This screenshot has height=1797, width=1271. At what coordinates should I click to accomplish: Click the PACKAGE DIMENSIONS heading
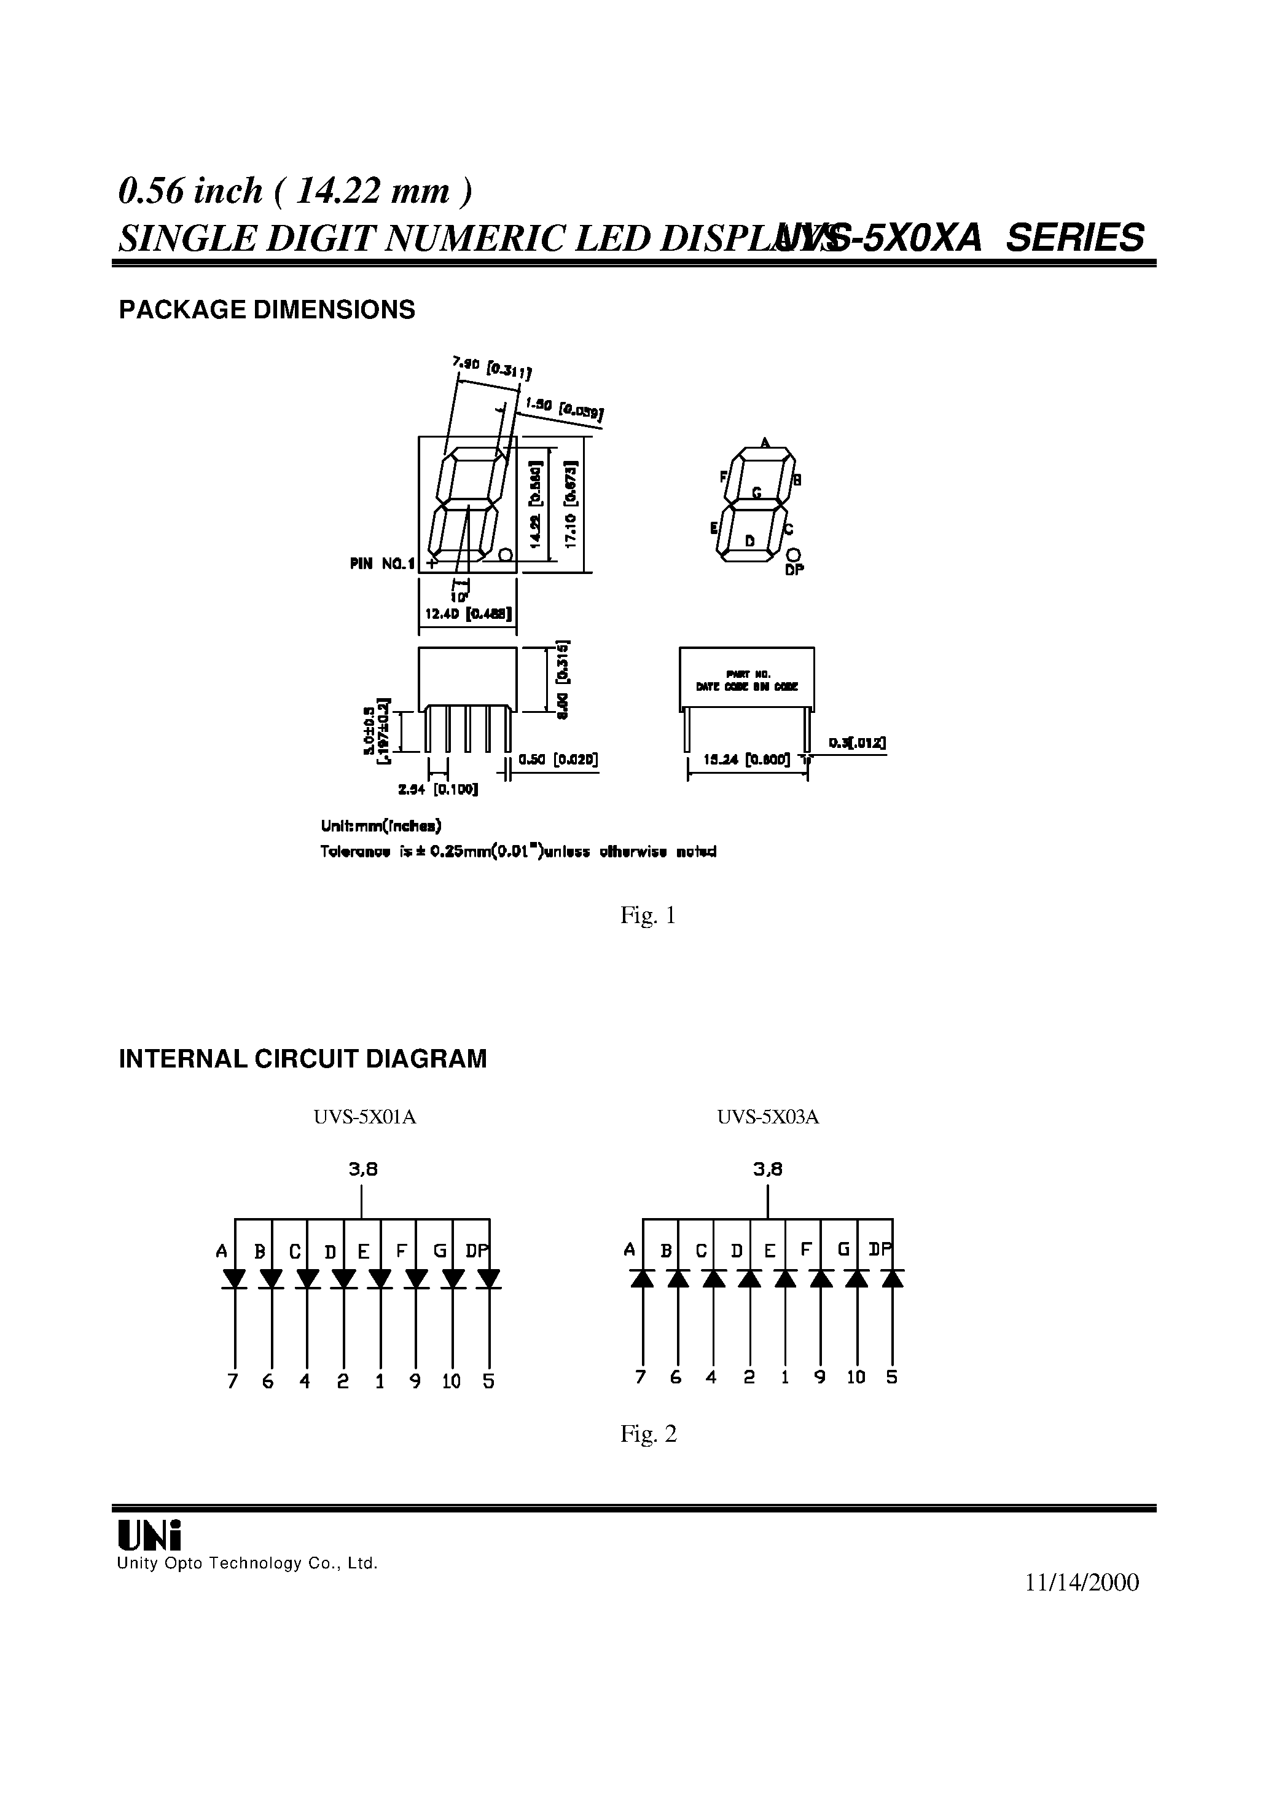coord(266,311)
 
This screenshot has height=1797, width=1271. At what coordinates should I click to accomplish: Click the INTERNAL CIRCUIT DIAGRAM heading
coord(302,1060)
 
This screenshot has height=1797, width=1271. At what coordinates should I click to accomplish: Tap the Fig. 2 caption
coord(648,1434)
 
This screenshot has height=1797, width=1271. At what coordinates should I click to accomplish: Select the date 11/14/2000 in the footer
coord(1082,1583)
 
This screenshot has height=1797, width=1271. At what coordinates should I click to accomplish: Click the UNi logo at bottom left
coord(149,1535)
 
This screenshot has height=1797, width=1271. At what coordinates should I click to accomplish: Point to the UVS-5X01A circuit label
coord(365,1117)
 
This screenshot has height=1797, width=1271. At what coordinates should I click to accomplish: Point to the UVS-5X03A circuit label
coord(768,1117)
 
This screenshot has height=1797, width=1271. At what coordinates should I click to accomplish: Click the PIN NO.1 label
coord(383,562)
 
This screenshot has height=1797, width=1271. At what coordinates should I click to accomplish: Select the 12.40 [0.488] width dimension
coord(468,615)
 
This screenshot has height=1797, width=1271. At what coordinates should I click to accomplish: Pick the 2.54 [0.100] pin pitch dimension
coord(437,790)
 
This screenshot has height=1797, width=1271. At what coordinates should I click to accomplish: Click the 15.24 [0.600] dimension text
coord(746,758)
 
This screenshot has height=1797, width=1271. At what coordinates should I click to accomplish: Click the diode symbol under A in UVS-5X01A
coord(235,1279)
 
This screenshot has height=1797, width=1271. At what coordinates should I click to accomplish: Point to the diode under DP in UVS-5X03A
coord(892,1278)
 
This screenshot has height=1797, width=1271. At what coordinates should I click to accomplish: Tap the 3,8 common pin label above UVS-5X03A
coord(768,1169)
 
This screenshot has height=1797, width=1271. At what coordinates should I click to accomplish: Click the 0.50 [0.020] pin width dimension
coord(558,759)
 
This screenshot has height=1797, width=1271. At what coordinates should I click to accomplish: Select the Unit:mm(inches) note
coord(381,826)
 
